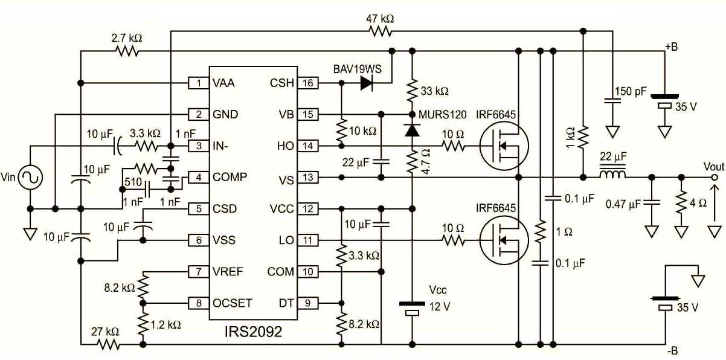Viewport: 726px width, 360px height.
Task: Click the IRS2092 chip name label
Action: tap(253, 332)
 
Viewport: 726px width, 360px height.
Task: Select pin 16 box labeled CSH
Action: tap(308, 83)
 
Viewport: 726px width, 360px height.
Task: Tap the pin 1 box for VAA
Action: tap(199, 83)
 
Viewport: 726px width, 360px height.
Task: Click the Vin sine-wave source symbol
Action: tap(30, 177)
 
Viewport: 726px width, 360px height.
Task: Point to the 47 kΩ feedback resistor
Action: tap(380, 31)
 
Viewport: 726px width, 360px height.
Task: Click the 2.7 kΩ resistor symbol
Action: tap(127, 51)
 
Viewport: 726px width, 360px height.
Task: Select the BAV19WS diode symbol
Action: tap(367, 83)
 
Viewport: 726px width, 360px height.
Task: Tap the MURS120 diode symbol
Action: tap(412, 130)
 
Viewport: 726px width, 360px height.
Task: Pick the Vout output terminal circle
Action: tap(715, 177)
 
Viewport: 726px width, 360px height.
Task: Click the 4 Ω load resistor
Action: tap(681, 203)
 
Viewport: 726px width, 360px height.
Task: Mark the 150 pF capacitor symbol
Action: tap(612, 101)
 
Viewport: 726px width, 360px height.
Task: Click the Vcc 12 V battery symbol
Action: tap(412, 308)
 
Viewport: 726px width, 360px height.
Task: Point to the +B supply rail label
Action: tap(671, 47)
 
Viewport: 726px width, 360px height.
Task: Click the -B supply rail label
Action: tap(672, 350)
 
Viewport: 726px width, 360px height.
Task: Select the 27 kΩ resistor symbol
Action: tap(109, 344)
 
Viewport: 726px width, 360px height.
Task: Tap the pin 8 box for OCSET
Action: tap(199, 303)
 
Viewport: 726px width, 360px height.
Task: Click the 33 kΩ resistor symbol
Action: tap(412, 91)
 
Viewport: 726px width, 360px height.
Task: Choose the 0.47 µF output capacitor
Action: tap(652, 202)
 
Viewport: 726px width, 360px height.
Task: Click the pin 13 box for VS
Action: tap(308, 177)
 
